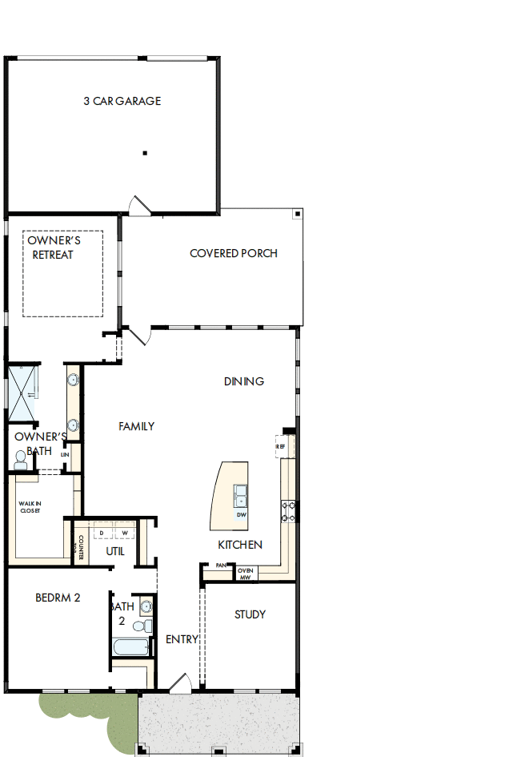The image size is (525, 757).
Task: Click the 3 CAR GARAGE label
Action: pos(122,101)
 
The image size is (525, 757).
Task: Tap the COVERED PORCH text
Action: pos(234,253)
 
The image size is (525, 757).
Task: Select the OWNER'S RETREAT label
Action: pos(53,248)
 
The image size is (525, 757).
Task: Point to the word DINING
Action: pos(243,381)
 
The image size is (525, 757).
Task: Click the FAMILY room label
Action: pos(136,426)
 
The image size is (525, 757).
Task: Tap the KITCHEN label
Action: pos(240,545)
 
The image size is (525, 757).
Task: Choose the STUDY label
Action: pos(250,614)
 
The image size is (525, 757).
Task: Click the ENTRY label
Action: pos(182,639)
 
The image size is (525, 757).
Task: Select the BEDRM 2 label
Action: pos(58,598)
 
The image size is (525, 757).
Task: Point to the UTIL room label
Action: pos(115,551)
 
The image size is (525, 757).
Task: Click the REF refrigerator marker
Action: pos(281,446)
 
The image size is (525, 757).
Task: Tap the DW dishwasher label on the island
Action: pos(241,515)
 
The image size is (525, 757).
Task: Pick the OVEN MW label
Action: pos(246,574)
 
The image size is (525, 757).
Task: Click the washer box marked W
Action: pos(125,533)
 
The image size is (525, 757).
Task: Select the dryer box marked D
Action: pos(102,533)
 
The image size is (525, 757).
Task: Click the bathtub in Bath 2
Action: pos(131,648)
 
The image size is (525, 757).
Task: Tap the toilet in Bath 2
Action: pos(143,626)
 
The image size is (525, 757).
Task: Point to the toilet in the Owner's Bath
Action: pos(21,459)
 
